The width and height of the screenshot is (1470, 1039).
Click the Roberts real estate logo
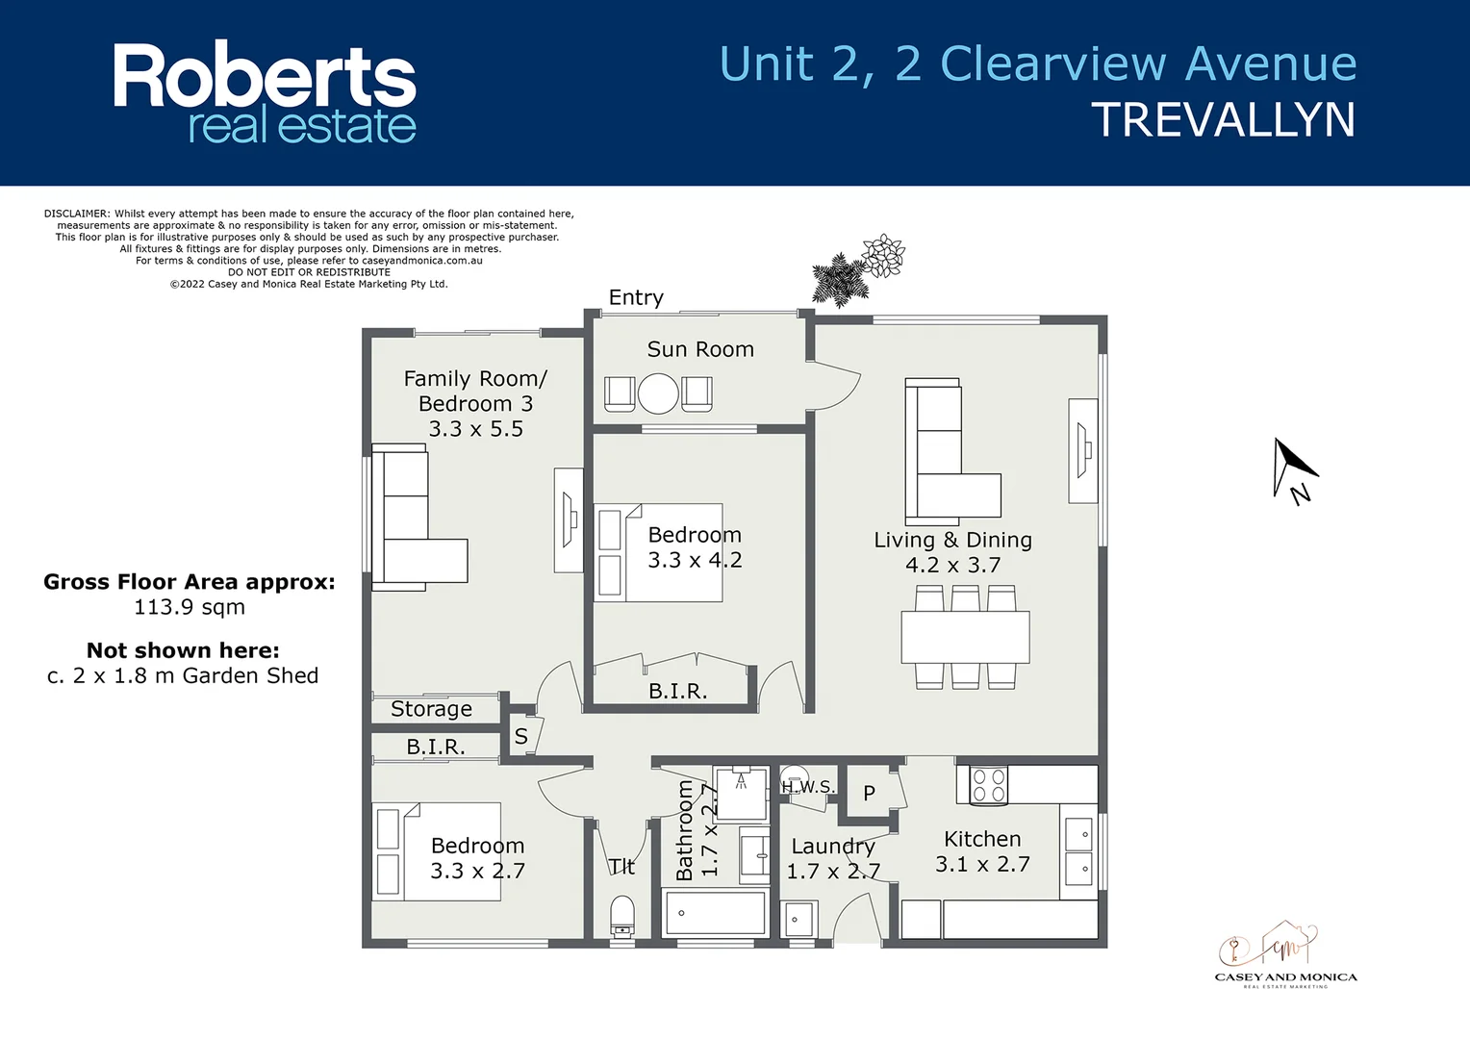[x=265, y=93]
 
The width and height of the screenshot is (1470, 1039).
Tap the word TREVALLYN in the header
[x=1223, y=121]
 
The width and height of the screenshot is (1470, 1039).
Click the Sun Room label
[x=700, y=350]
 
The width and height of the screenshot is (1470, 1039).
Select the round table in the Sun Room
[x=659, y=393]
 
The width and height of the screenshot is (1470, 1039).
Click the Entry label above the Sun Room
[x=636, y=298]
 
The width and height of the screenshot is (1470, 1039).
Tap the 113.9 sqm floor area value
[x=190, y=607]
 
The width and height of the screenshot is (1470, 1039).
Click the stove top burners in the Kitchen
[x=988, y=785]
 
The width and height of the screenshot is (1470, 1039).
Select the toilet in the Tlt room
[x=622, y=917]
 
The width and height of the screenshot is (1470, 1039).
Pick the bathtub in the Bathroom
[x=714, y=913]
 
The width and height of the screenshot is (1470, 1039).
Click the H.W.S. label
[x=807, y=787]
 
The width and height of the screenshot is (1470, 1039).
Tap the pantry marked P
[x=869, y=794]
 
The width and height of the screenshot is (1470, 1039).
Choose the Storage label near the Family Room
[x=431, y=709]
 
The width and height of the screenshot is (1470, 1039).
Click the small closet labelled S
[x=520, y=737]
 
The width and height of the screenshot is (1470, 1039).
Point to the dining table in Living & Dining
[x=965, y=637]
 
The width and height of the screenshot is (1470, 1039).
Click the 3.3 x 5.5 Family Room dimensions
[x=475, y=429]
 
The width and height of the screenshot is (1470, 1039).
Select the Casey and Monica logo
[x=1285, y=955]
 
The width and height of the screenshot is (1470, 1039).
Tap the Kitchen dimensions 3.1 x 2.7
[x=982, y=864]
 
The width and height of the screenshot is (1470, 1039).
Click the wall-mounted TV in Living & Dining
[x=1083, y=450]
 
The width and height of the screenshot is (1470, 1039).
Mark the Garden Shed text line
[x=183, y=676]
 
